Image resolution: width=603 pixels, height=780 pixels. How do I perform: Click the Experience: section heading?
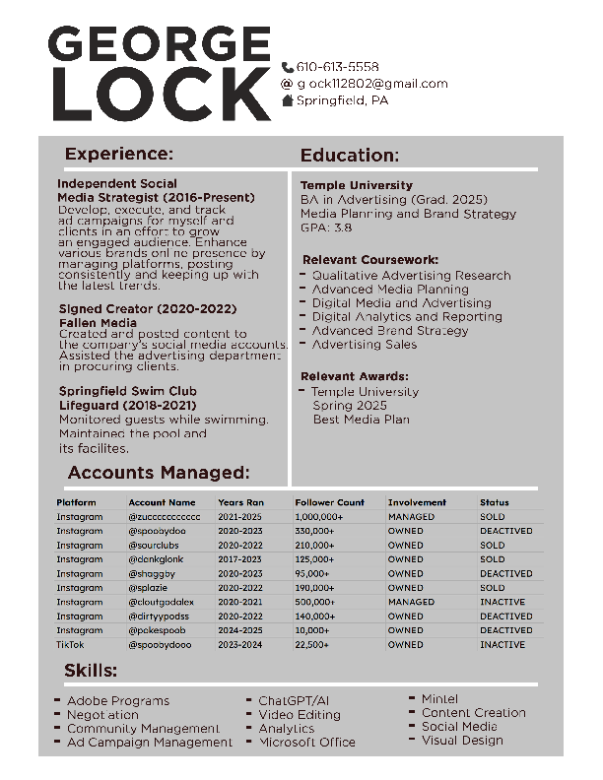click(118, 154)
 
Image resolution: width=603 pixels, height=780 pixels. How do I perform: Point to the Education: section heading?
click(349, 156)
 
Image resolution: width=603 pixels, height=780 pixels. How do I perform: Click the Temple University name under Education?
click(356, 185)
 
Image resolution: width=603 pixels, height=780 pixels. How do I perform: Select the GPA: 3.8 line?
click(326, 227)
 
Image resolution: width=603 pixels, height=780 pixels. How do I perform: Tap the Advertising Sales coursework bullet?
click(364, 345)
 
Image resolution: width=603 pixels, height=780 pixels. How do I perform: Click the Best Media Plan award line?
click(361, 420)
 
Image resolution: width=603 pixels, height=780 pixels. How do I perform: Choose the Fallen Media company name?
click(98, 323)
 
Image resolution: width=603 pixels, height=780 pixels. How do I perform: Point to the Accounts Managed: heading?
click(158, 473)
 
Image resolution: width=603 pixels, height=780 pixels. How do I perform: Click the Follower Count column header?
click(329, 502)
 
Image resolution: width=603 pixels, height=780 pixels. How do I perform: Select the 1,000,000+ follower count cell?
click(318, 516)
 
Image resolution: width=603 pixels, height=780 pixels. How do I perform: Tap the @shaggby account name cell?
click(152, 573)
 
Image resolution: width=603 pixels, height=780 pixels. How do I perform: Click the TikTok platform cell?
click(70, 644)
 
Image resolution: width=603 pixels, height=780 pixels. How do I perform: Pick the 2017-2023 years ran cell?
click(240, 559)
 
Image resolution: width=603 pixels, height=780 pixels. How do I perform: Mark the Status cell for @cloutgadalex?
click(502, 602)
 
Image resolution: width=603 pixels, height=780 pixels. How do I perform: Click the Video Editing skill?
click(300, 715)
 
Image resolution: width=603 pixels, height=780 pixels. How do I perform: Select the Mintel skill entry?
click(439, 699)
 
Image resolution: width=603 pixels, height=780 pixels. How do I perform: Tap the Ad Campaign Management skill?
click(150, 743)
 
